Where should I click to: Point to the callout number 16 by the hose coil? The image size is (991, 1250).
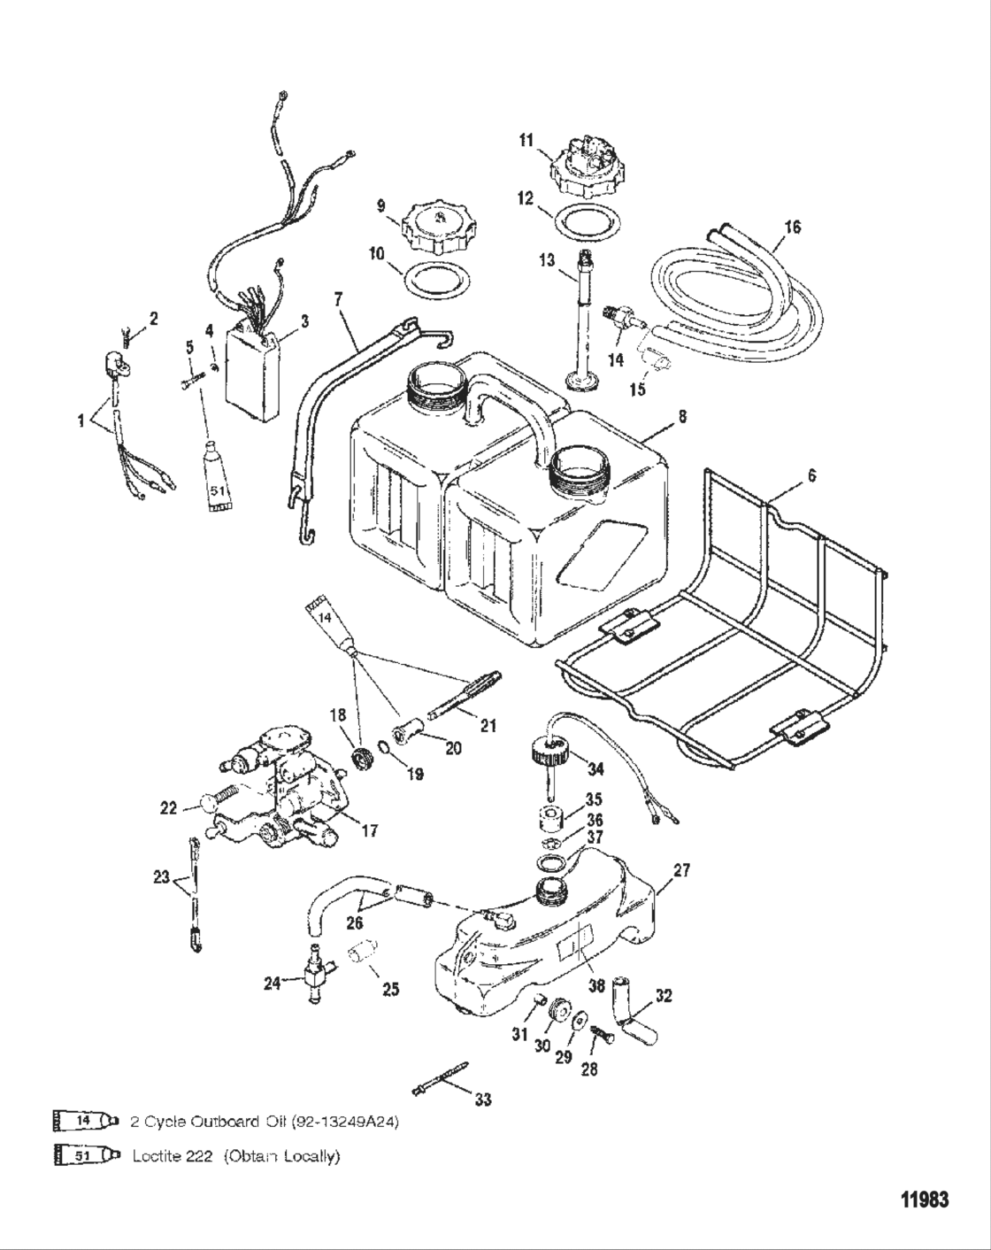[x=792, y=228]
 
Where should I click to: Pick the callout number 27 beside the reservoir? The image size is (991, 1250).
[x=680, y=870]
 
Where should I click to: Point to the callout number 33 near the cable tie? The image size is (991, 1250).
[x=482, y=1100]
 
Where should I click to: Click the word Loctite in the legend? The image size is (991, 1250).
[x=173, y=1156]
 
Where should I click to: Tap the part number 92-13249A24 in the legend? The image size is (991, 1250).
[x=342, y=1122]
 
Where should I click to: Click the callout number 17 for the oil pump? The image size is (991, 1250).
[x=369, y=831]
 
